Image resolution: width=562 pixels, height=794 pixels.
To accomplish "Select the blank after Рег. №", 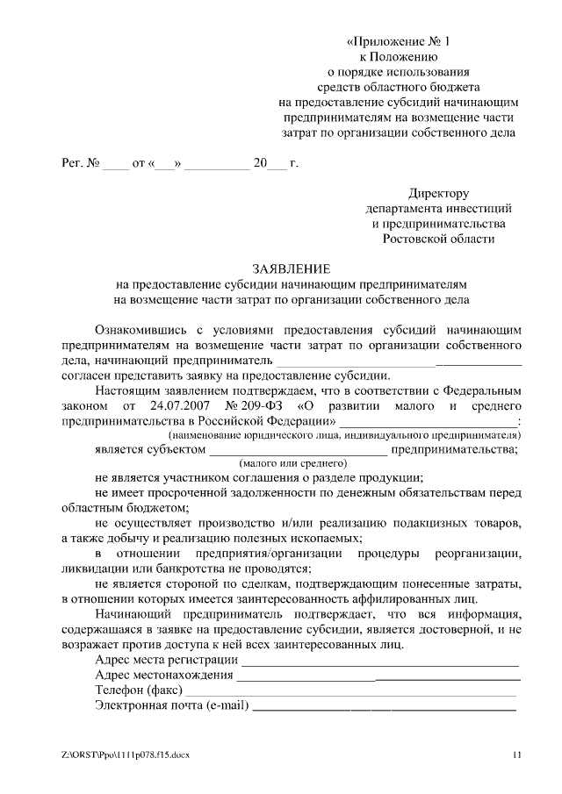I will click(115, 164).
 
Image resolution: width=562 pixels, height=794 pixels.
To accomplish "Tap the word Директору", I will click(438, 192).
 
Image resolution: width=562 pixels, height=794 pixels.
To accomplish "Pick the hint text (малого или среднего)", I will click(292, 463).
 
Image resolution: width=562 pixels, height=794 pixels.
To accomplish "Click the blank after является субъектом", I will click(297, 450).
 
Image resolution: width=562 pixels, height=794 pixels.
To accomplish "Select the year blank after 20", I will click(276, 164).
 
